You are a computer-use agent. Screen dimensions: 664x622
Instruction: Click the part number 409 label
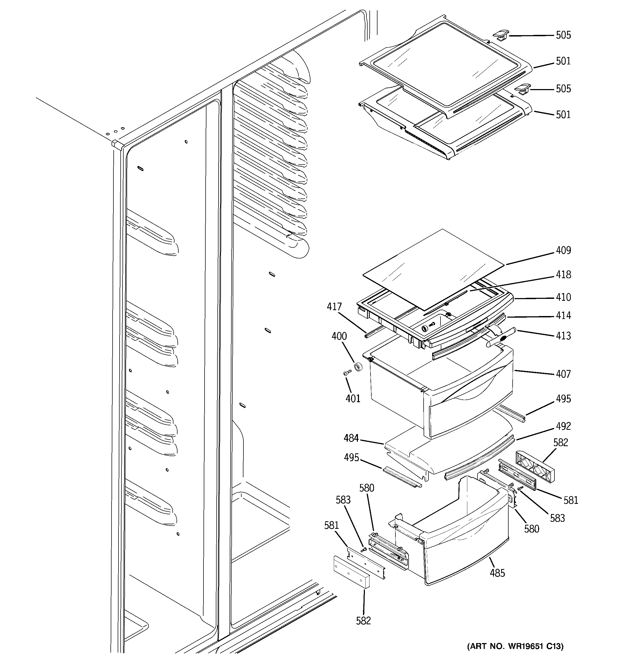(563, 251)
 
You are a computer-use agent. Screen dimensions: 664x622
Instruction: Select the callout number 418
(563, 274)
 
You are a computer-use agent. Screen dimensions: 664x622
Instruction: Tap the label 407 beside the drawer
(563, 374)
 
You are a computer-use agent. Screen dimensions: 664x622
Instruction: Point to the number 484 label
(351, 438)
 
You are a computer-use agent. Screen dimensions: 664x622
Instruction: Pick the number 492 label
(563, 426)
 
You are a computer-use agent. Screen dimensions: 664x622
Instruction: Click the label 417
(334, 307)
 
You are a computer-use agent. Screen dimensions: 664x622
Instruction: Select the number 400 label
(339, 336)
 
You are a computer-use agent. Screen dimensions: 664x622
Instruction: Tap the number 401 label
(353, 398)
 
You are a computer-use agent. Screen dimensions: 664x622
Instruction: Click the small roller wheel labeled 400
(358, 366)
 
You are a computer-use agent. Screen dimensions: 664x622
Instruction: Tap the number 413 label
(563, 336)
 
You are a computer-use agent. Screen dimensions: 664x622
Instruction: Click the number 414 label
(563, 316)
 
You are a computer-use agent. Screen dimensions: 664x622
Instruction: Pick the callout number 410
(563, 297)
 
